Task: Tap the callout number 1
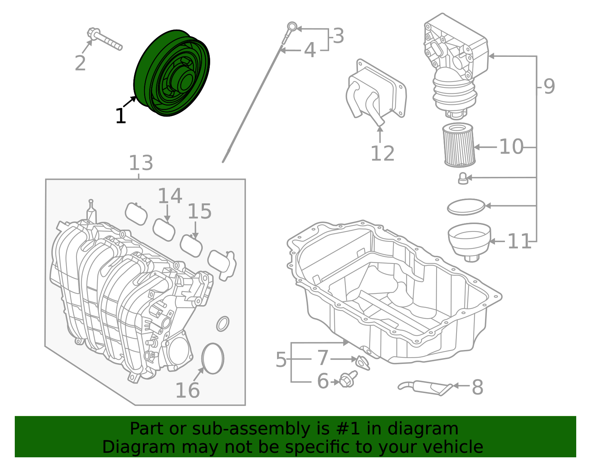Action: point(120,116)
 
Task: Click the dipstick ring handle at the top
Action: point(292,27)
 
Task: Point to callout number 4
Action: point(310,50)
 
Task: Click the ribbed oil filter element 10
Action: point(458,145)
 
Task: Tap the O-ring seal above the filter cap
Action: point(466,207)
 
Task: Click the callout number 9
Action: point(549,86)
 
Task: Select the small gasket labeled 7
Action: point(362,362)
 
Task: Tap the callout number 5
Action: point(281,359)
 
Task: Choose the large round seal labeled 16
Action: point(213,358)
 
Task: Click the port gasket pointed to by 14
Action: point(164,230)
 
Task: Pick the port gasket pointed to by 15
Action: point(191,246)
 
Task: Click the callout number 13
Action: point(141,163)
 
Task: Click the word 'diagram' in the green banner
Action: point(430,429)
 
